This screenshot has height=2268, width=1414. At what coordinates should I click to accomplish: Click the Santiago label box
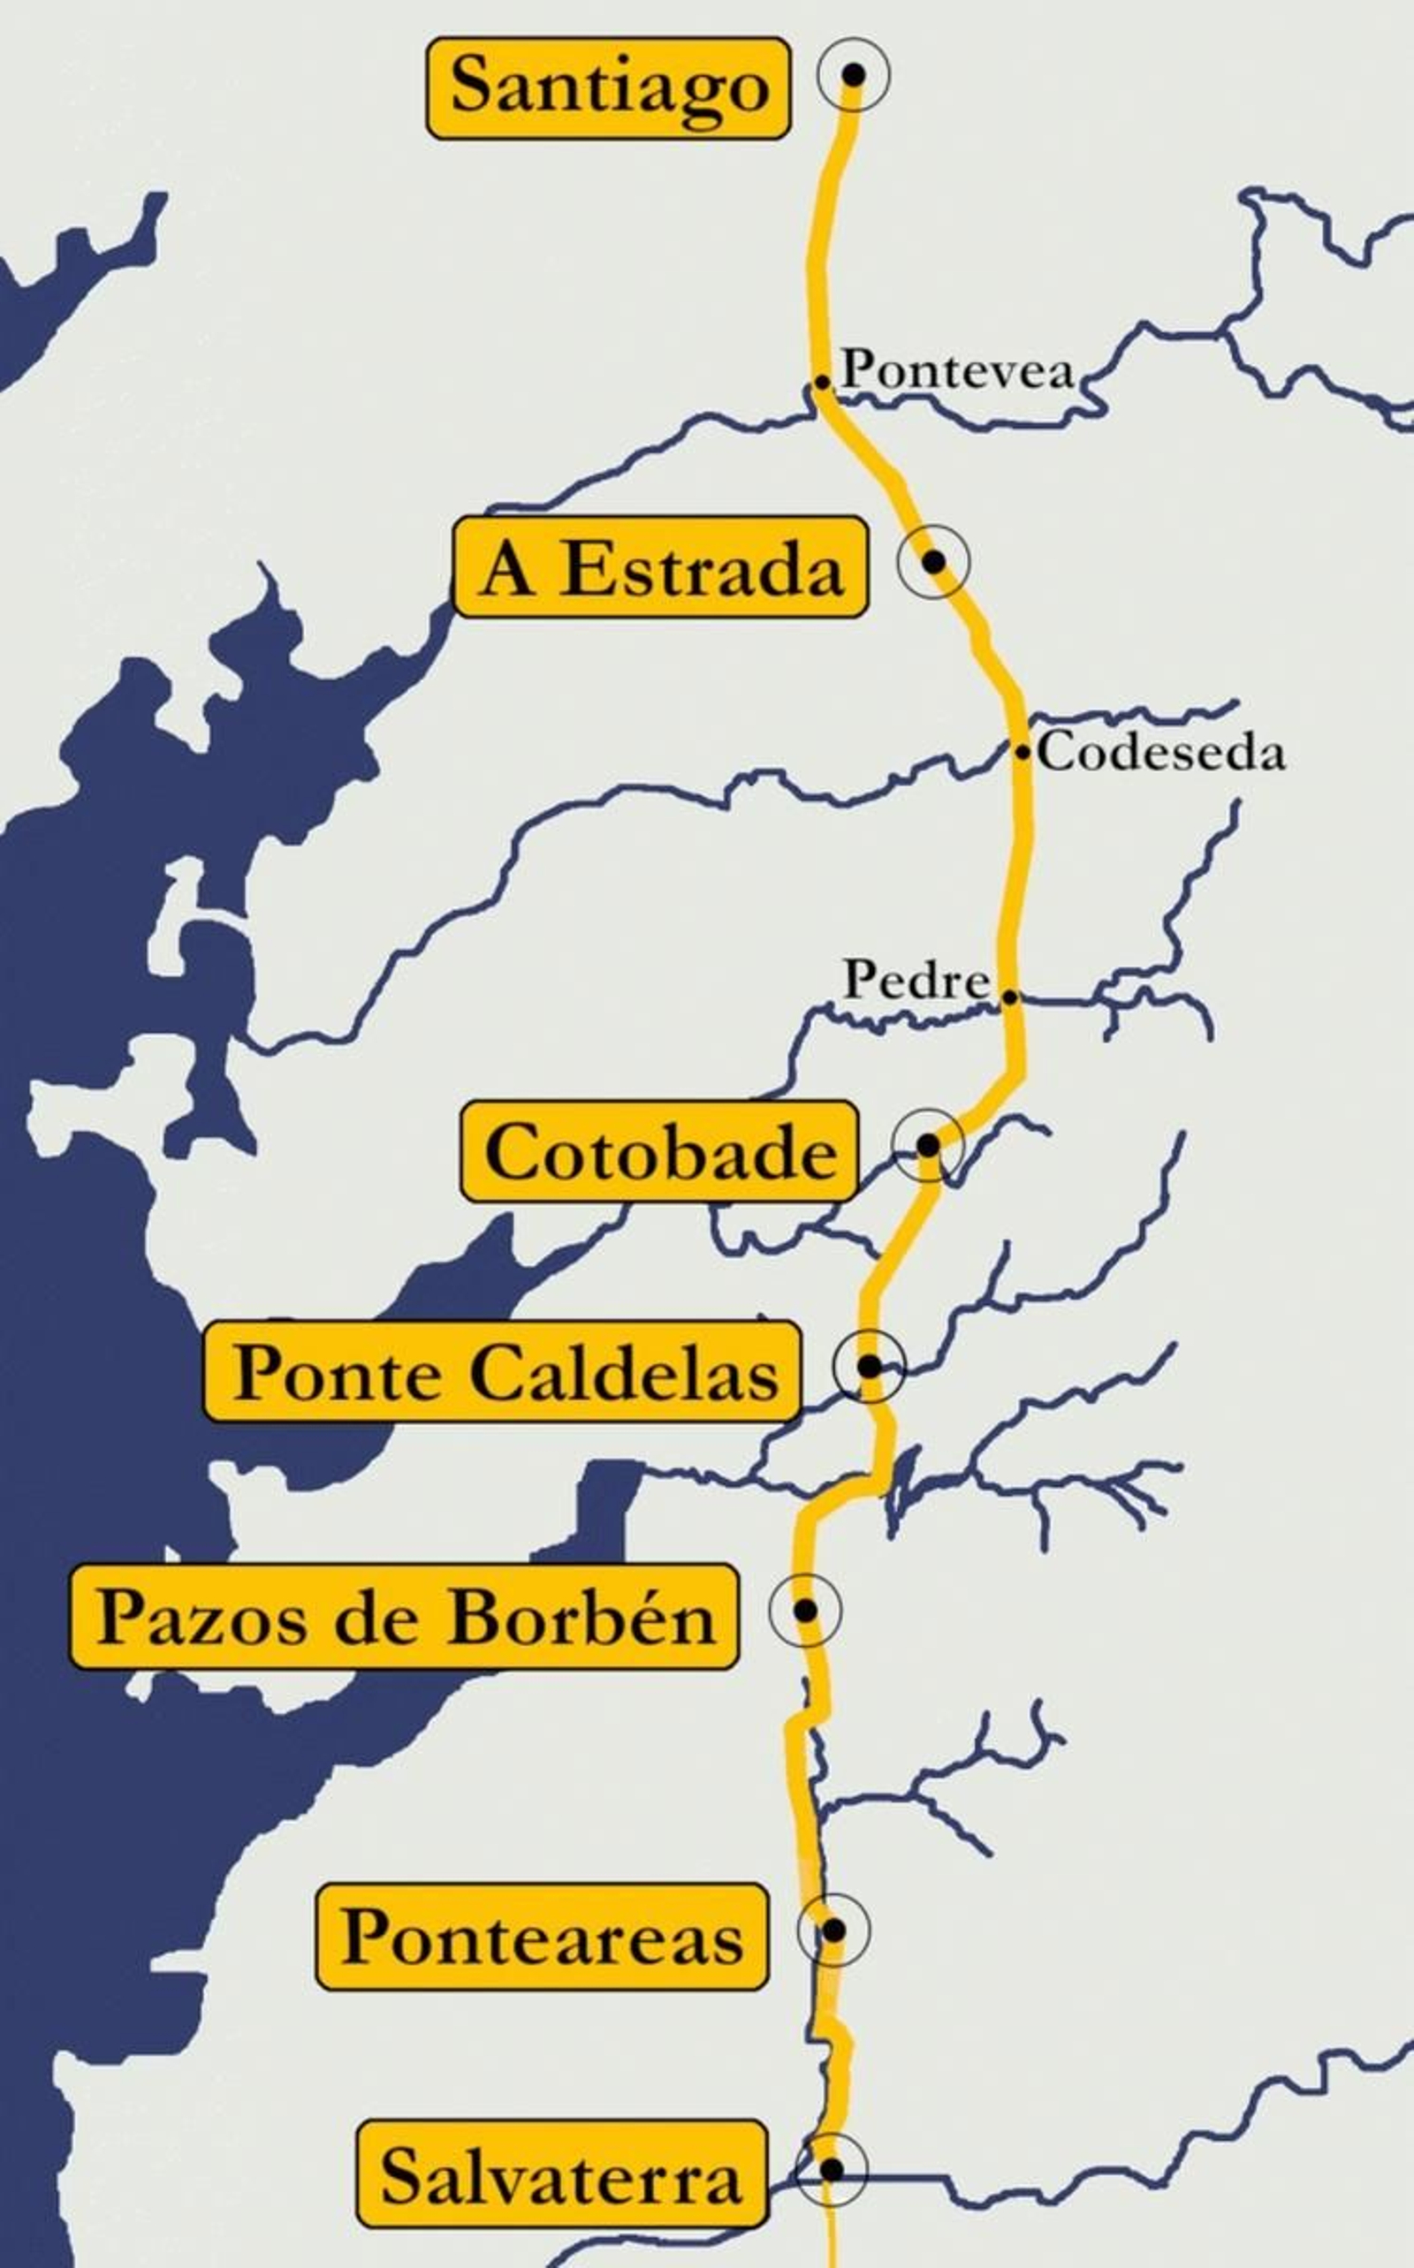[x=609, y=87]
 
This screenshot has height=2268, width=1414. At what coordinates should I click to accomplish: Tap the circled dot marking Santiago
[x=853, y=74]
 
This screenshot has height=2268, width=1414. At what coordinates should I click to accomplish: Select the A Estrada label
[x=660, y=566]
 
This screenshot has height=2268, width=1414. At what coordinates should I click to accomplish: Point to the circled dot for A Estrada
[x=933, y=561]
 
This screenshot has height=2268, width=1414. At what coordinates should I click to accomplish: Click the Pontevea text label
[x=958, y=370]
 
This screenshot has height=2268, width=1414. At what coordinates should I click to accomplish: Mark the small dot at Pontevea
[x=822, y=382]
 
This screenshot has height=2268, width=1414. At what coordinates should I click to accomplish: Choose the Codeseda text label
[x=1161, y=753]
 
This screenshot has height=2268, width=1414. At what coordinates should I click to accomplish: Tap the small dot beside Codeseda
[x=1023, y=752]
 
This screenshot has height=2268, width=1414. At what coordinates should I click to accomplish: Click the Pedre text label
[x=916, y=980]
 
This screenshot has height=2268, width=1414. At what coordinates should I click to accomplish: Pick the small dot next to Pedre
[x=1010, y=997]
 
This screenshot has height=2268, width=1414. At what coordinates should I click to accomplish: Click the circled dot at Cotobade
[x=928, y=1144]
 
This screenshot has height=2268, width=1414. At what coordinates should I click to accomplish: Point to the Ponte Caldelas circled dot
[x=869, y=1366]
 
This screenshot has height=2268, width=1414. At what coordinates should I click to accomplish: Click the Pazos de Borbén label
[x=405, y=1618]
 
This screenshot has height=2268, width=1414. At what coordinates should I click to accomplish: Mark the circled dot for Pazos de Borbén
[x=804, y=1610]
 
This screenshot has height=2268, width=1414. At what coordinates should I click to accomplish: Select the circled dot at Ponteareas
[x=833, y=1930]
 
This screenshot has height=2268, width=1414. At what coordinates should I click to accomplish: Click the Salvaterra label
[x=561, y=2173]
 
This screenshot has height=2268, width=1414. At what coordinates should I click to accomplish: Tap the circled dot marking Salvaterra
[x=831, y=2169]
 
